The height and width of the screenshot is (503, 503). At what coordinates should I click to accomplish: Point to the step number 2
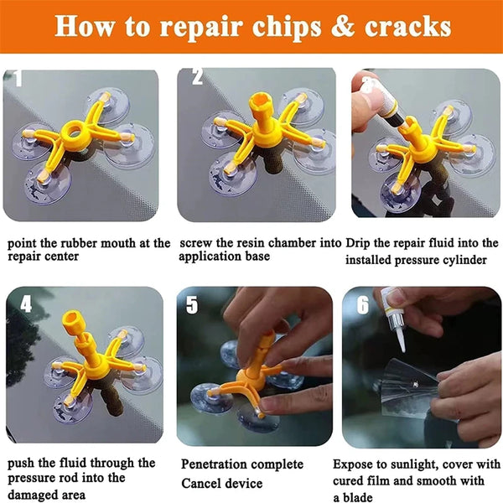pos(198,78)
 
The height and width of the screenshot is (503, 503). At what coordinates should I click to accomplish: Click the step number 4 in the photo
pos(26,303)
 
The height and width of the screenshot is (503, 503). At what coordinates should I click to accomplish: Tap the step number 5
pos(193,304)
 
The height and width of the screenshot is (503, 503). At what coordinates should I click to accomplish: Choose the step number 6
pos(362,304)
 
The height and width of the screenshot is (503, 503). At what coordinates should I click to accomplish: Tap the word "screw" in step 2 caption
pos(198,243)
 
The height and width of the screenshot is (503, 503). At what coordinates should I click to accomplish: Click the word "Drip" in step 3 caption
pos(360,243)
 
